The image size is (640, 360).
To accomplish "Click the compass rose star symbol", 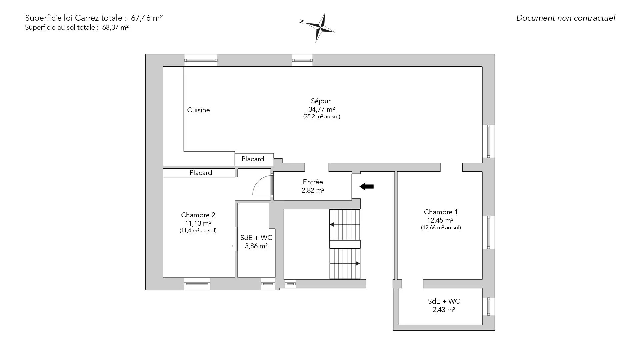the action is pos(320,28).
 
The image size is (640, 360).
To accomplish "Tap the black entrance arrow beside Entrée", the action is pos(367,187).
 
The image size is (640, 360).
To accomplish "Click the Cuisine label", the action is pos(198,110).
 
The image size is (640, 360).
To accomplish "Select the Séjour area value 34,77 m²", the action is pos(322,109).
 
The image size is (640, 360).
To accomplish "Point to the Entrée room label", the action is pos(313,182).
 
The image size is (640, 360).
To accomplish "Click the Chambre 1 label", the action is pos(441,212).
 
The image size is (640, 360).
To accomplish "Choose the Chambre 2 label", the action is pos(198,215).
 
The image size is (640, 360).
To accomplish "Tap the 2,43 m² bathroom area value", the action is pos(444,310).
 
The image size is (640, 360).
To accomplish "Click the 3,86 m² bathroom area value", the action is pos(256,246).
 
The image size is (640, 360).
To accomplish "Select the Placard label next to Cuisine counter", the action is pos(253,159).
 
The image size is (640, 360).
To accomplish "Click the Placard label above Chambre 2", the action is pos(201,173).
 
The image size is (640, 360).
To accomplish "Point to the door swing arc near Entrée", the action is pos(262,185).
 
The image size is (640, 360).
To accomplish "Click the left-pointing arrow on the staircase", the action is pos(345,224).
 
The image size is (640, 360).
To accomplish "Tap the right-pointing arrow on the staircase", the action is pos(345,263).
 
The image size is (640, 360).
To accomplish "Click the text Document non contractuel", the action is pos(566,18).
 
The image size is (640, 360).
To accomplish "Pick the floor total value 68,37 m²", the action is pos(115,28).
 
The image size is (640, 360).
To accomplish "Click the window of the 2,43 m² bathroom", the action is pos(489,306).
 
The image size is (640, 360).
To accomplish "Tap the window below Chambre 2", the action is pos(197,284).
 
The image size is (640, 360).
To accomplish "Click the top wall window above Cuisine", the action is pos(201,60).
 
